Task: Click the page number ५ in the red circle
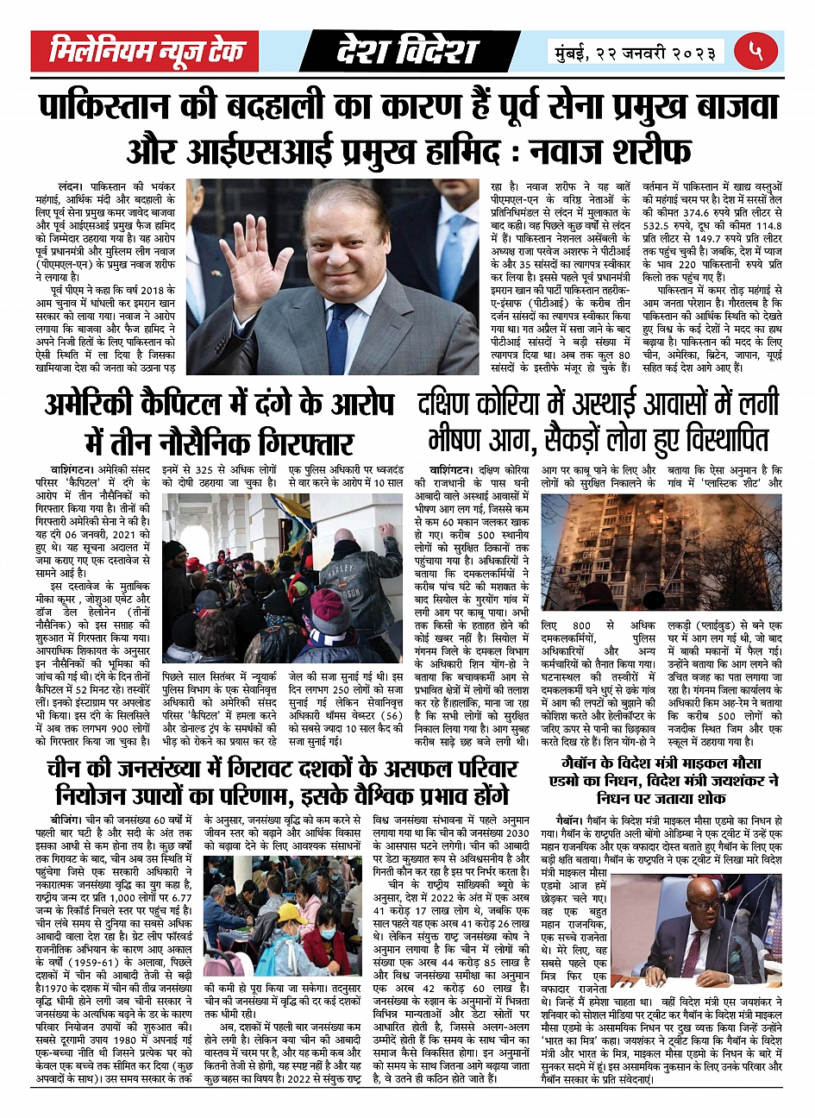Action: pos(755,51)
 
